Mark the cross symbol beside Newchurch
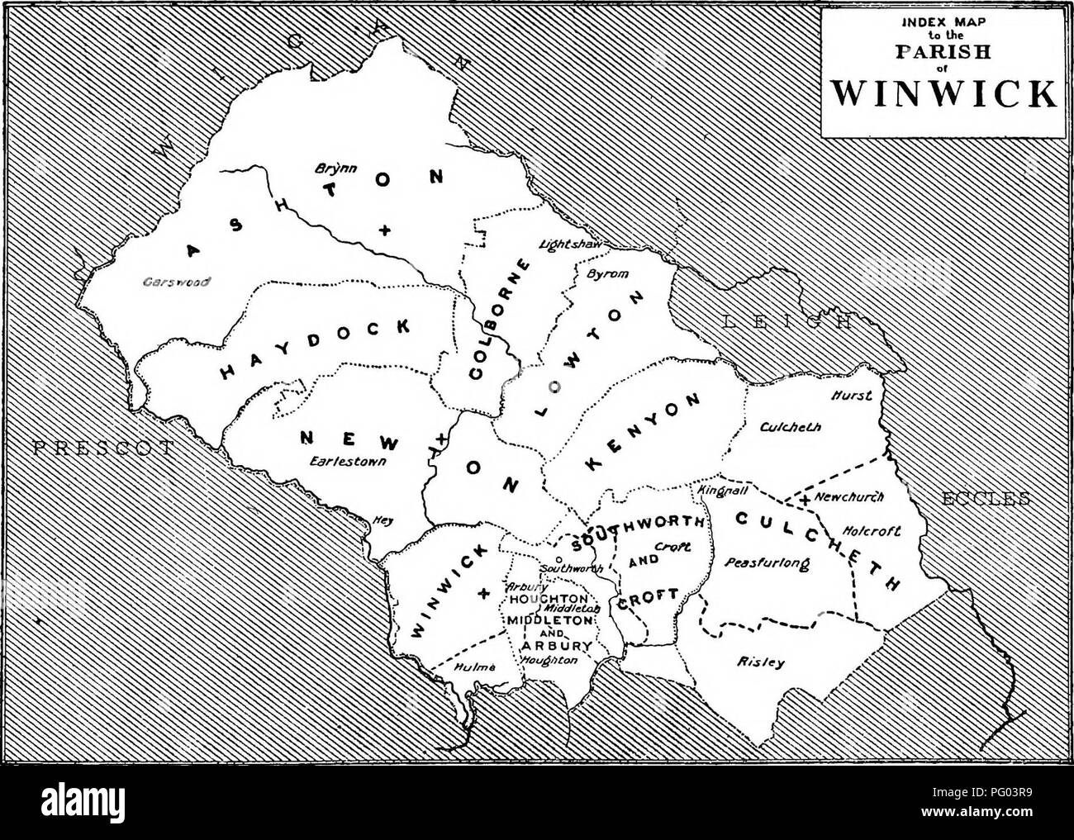(804, 499)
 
